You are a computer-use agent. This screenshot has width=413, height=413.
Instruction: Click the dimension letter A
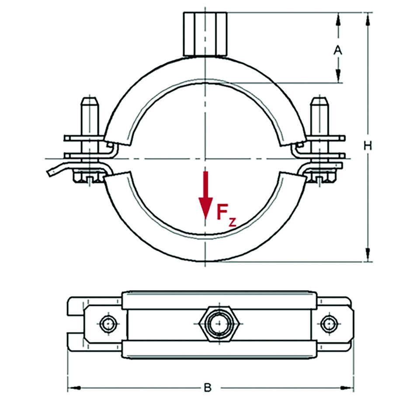[337, 51]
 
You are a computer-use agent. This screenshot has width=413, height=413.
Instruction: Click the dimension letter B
[208, 387]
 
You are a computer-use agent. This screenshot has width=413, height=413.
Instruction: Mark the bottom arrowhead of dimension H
[368, 256]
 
